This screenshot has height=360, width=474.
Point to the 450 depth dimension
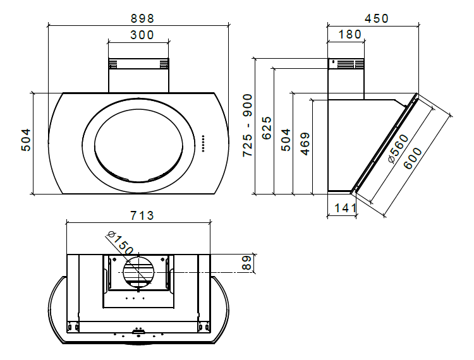tap(377, 18)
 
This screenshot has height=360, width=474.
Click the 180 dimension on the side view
tap(349, 34)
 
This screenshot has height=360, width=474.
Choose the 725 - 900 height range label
tap(248, 125)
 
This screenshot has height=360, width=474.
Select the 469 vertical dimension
tap(305, 144)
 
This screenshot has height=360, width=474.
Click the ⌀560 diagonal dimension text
tap(398, 150)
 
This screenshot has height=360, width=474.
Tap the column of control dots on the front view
tap(203, 143)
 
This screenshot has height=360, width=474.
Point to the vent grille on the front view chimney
tap(138, 64)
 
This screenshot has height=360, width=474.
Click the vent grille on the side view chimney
tap(346, 64)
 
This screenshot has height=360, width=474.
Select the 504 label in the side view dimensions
tap(286, 140)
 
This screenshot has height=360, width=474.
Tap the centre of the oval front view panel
tap(135, 143)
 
